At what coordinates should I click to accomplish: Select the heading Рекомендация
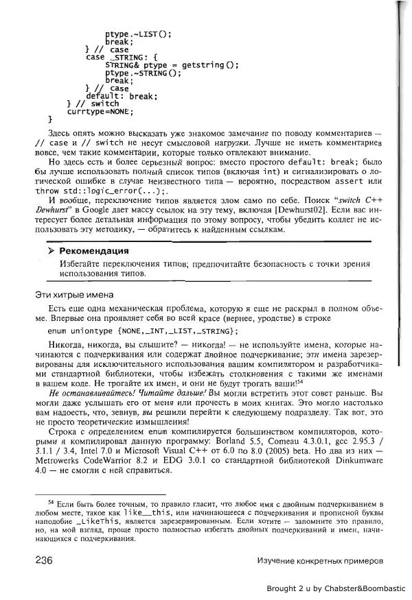pos(93,251)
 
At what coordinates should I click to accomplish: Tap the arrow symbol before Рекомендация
pos(51,251)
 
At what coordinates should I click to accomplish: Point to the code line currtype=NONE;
pos(100,111)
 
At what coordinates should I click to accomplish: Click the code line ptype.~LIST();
pos(138,34)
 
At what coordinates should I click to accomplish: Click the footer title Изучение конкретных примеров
pos(319,561)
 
